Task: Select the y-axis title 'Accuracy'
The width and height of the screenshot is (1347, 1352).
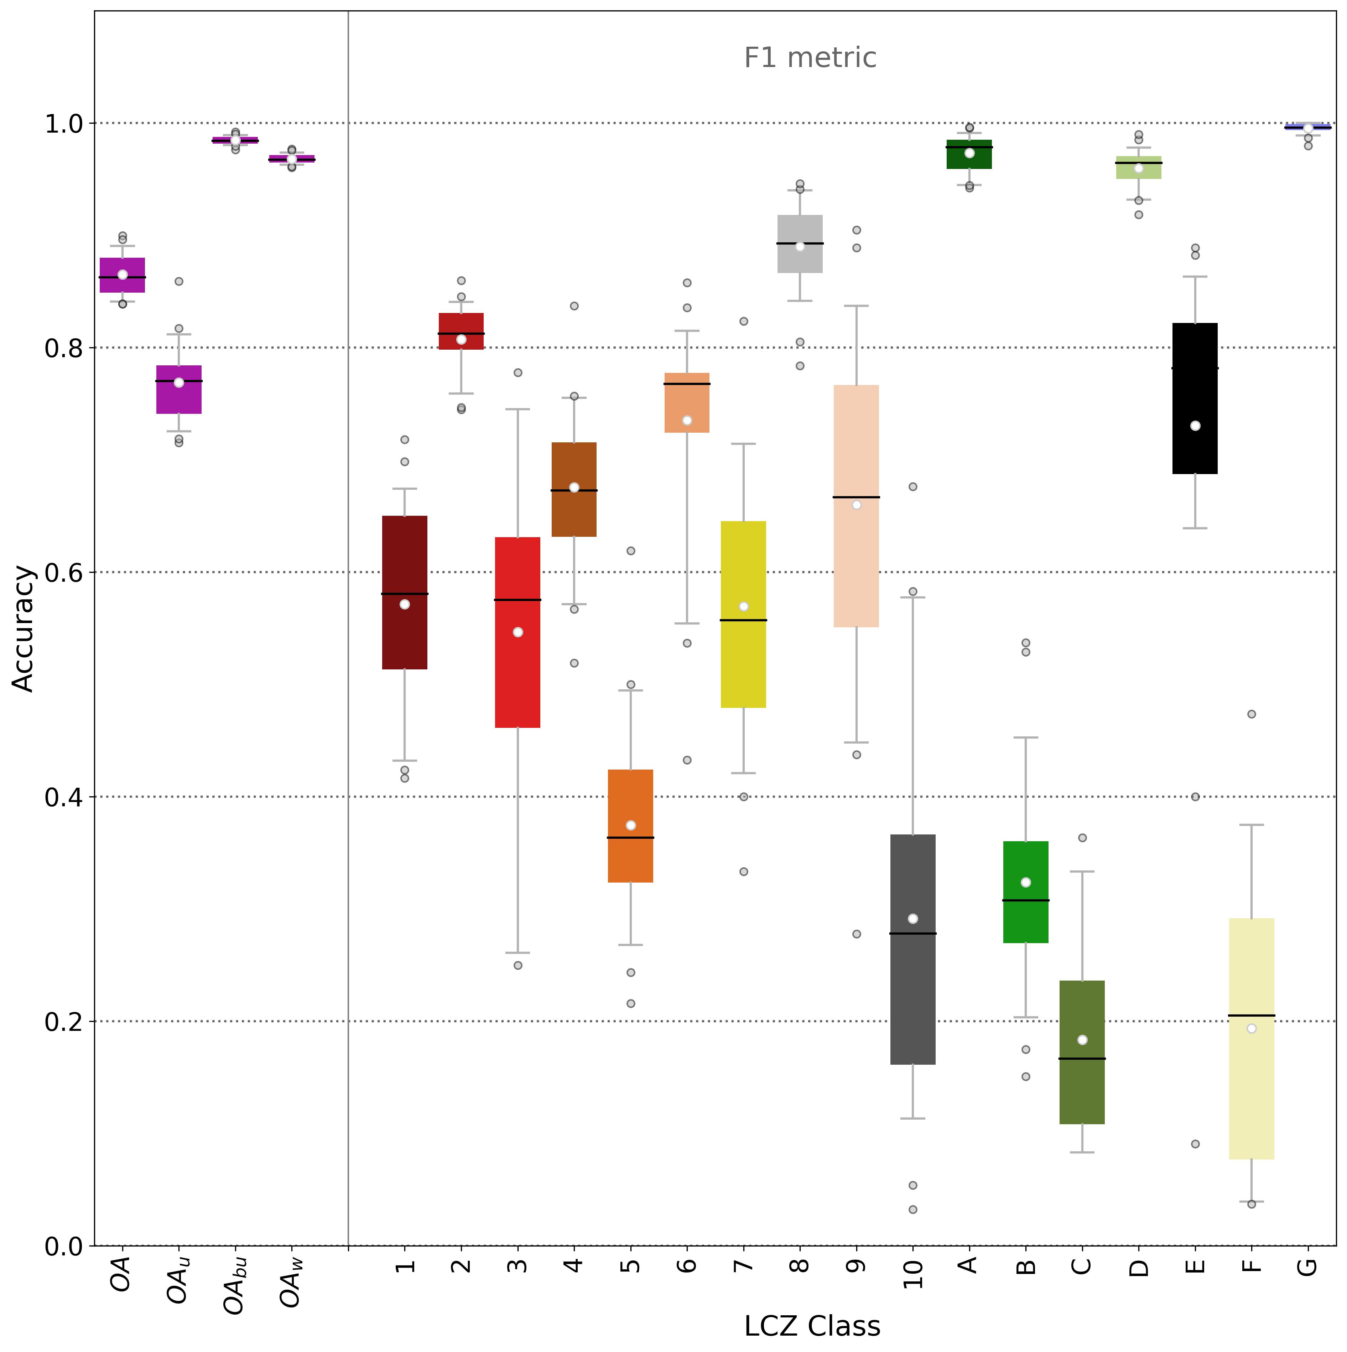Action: click(24, 628)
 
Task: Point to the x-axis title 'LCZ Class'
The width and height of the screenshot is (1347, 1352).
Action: click(811, 1326)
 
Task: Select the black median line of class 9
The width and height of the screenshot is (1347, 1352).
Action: click(856, 497)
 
